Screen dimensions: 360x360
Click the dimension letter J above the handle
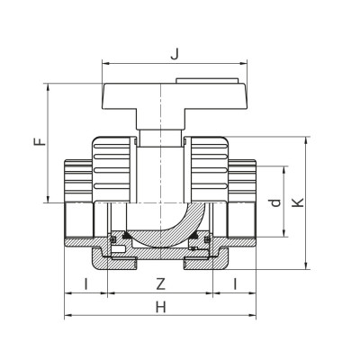175,52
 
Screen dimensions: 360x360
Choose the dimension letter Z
160,283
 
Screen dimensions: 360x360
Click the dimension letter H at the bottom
161,307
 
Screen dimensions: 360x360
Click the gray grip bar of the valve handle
175,94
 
